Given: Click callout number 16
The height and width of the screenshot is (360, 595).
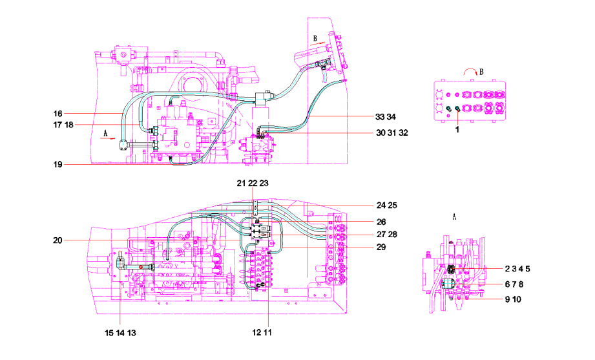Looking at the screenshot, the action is pos(57,114).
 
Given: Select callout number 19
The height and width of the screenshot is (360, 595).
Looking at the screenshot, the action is pos(57,164).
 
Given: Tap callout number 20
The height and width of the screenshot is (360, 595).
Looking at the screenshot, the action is pos(57,240).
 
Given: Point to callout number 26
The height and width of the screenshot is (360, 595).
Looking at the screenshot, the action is pos(381,222).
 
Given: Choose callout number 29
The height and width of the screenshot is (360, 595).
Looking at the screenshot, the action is pos(381,247).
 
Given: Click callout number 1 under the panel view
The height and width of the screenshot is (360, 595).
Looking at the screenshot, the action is pos(457,130).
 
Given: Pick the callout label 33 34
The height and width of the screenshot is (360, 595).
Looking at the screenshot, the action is pos(386,117).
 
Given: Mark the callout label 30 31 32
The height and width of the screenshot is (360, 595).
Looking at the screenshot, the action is pos(392,133).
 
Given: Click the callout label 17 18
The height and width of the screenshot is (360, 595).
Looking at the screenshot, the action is pos(63,125).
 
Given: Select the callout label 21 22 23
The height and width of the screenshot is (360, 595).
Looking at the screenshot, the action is pos(253,184).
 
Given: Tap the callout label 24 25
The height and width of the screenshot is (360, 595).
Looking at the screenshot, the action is pos(387,206).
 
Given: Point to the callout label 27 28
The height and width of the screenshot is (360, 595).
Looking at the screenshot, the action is pos(387,235).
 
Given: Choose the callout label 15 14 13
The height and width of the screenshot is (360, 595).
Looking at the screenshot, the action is pos(120,333).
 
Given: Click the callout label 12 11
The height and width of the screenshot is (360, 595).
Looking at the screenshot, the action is pos(262,333).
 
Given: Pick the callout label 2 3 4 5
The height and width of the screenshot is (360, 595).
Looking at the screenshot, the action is pos(517,269).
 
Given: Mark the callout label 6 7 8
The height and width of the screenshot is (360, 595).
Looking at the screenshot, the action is pos(514,284).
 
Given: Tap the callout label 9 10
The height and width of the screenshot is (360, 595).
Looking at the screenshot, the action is pos(513,300).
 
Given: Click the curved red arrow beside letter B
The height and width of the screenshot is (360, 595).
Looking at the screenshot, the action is pos(470,69).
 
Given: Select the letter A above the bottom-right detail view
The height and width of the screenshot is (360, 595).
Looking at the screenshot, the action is pos(454,217).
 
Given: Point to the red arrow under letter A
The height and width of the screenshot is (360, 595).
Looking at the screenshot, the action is pos(107,139).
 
